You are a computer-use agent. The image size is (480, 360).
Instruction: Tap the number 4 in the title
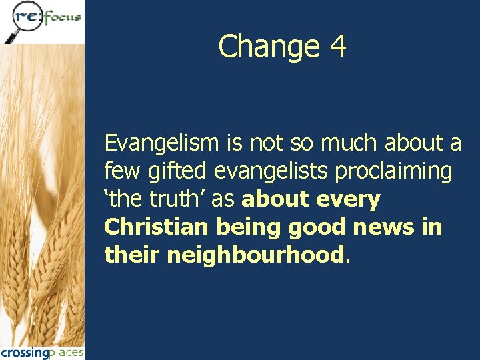coord(337,47)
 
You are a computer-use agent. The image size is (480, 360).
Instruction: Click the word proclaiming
coord(393,171)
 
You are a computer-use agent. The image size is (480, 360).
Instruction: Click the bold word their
coord(131,255)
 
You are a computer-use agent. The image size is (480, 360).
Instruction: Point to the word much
coord(343,143)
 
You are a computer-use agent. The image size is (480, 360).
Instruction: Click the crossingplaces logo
coord(42,352)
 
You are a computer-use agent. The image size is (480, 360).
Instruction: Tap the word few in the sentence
coord(122,171)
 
